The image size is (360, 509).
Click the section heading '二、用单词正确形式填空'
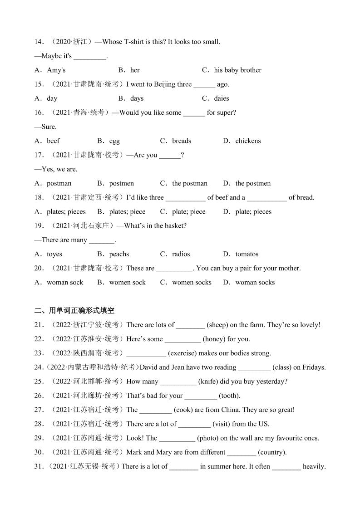point(74,310)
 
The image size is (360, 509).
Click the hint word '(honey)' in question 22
point(214,339)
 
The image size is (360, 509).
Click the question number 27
point(39,410)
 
